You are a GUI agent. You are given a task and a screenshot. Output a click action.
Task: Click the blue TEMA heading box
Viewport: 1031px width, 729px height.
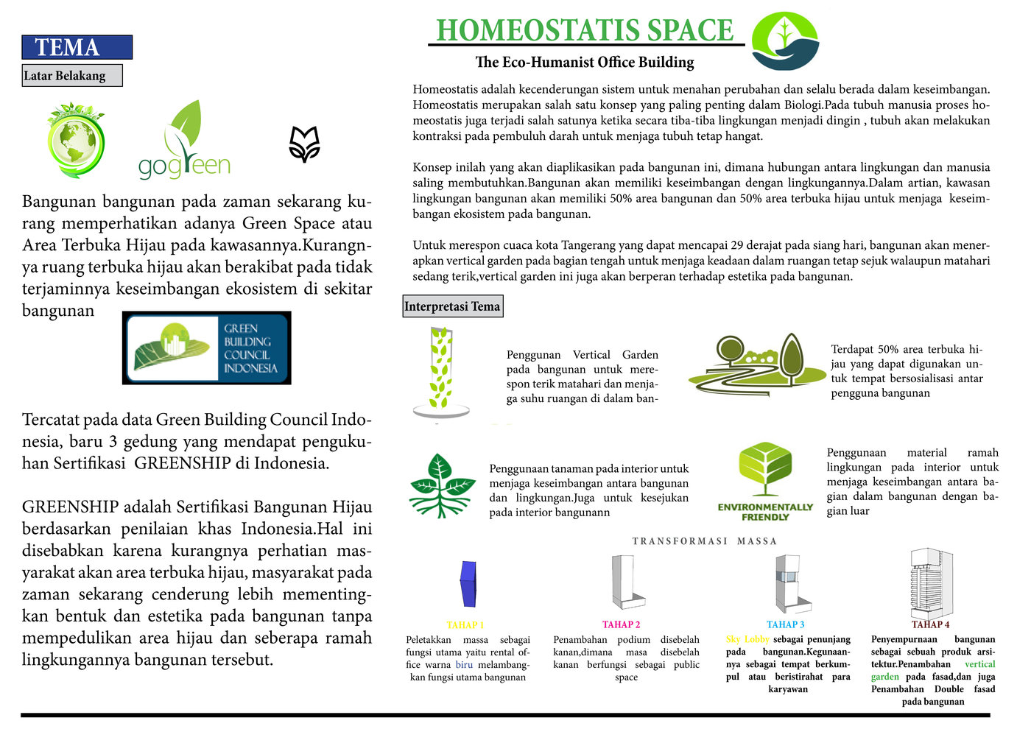(x=77, y=47)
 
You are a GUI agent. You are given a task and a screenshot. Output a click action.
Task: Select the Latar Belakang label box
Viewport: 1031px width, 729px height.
(x=72, y=75)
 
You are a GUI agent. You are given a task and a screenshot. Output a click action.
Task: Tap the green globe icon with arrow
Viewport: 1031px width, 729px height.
(x=76, y=140)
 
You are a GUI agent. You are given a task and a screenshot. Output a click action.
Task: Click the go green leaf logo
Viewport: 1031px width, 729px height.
(x=184, y=139)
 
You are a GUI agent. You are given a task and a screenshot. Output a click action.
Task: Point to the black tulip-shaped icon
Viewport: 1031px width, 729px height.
(x=304, y=144)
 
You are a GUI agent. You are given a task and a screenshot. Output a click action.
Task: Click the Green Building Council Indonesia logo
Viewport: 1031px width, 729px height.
(x=207, y=348)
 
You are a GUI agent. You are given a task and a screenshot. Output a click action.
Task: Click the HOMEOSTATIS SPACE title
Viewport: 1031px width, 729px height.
(x=585, y=30)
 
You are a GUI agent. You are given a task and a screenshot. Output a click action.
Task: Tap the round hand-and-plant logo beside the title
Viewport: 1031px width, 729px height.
(x=785, y=41)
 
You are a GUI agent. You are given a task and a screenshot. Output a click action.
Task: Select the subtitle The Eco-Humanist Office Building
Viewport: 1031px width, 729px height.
(x=585, y=62)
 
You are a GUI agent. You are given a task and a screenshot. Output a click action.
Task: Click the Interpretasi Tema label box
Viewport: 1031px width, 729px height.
(x=453, y=306)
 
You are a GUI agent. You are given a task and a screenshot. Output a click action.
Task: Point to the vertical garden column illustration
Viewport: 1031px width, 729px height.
(x=441, y=372)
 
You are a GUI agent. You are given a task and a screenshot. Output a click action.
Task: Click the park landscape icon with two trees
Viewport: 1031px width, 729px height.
(x=757, y=364)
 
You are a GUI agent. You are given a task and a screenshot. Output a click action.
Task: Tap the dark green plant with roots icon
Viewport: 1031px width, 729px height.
(x=442, y=486)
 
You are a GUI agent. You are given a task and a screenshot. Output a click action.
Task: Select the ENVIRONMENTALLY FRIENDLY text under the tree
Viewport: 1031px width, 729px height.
(x=765, y=513)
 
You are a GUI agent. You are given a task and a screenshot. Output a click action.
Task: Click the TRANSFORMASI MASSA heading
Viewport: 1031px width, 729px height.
(x=704, y=541)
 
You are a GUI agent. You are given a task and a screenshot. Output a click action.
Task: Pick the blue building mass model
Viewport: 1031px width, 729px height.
(x=468, y=583)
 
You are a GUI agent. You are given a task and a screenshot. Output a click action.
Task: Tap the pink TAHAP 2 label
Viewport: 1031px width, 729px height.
(x=621, y=624)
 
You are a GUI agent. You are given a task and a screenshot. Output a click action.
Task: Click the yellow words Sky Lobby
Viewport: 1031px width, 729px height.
(x=747, y=639)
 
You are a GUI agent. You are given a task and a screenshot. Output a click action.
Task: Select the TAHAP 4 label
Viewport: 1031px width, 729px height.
(x=930, y=624)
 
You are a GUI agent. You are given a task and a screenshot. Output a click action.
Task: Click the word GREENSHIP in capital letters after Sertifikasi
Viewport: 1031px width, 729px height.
(x=183, y=463)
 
